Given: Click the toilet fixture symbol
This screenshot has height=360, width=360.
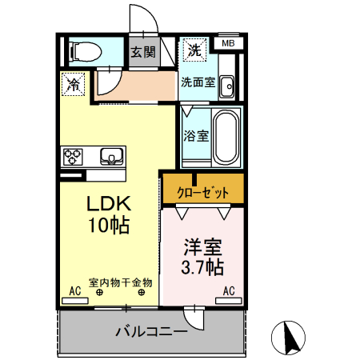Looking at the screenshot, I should pos(84,52).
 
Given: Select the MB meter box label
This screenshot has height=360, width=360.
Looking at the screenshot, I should pos(228,43).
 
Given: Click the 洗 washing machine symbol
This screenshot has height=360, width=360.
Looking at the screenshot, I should pos(194,50).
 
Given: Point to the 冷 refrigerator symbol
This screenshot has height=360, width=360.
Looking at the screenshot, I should pos(73,82).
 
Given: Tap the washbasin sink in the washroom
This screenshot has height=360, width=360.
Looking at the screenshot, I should pos(226,84).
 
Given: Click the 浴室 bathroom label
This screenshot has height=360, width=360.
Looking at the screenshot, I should pos(197,135).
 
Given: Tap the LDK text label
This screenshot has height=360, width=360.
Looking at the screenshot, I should pos(110,203).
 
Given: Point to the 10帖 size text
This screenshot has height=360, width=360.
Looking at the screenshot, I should pos(109,226).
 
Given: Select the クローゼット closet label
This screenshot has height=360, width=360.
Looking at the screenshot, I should pos(202,193).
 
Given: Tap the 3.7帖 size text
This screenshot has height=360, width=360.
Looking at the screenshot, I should pos(202,267).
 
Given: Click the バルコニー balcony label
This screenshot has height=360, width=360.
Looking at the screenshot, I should pos(150,330).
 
